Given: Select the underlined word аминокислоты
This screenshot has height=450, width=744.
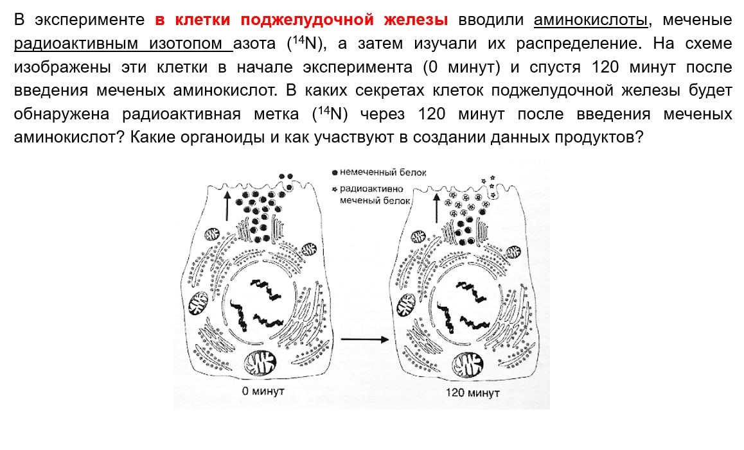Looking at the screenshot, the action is pyautogui.click(x=590, y=20).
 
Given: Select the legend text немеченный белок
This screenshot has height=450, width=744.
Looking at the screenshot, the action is pyautogui.click(x=384, y=173).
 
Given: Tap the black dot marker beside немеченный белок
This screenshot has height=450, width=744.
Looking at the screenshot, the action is pyautogui.click(x=335, y=173).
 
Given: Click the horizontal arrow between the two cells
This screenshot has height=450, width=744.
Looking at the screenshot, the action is pyautogui.click(x=364, y=339).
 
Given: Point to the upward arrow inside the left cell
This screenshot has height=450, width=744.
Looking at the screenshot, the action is pyautogui.click(x=227, y=205).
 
